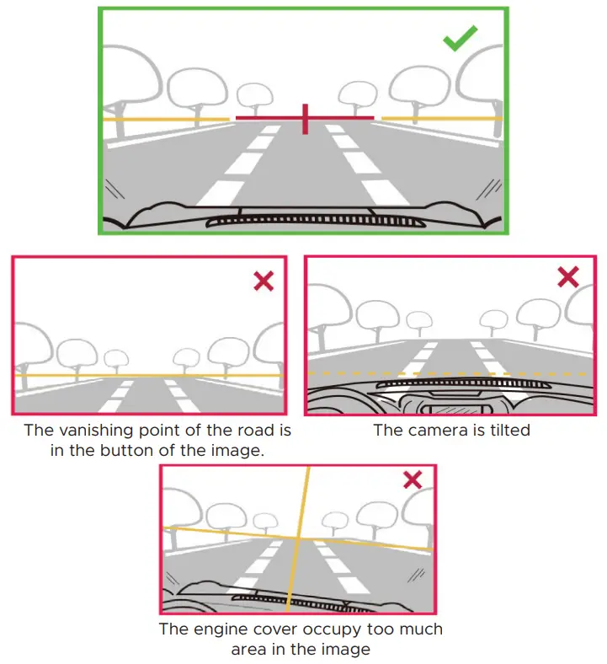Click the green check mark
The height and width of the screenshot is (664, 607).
click(460, 38)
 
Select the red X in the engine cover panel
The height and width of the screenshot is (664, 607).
click(412, 480)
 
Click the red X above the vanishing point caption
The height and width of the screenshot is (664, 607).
click(264, 281)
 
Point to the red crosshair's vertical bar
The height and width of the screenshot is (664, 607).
click(305, 119)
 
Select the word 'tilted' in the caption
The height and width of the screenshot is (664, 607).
click(506, 430)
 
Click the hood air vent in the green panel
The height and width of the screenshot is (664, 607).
click(305, 221)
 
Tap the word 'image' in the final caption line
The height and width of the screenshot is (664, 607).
click(346, 650)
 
